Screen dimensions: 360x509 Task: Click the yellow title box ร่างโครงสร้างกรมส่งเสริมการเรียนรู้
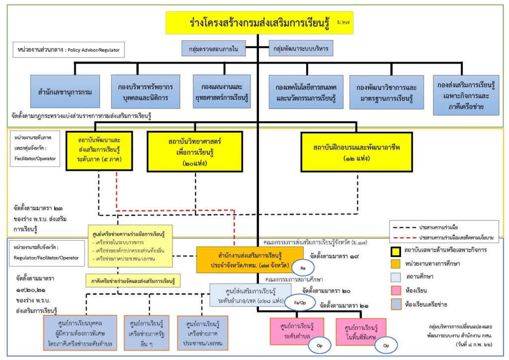[257, 23]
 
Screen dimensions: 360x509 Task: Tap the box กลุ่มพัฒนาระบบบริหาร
[300, 49]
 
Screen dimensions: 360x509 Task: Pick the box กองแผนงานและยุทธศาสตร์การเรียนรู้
[222, 92]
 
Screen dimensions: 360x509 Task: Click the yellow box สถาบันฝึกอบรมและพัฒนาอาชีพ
[357, 152]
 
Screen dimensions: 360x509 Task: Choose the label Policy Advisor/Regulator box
[69, 50]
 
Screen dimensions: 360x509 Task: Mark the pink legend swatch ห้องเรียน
[396, 290]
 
